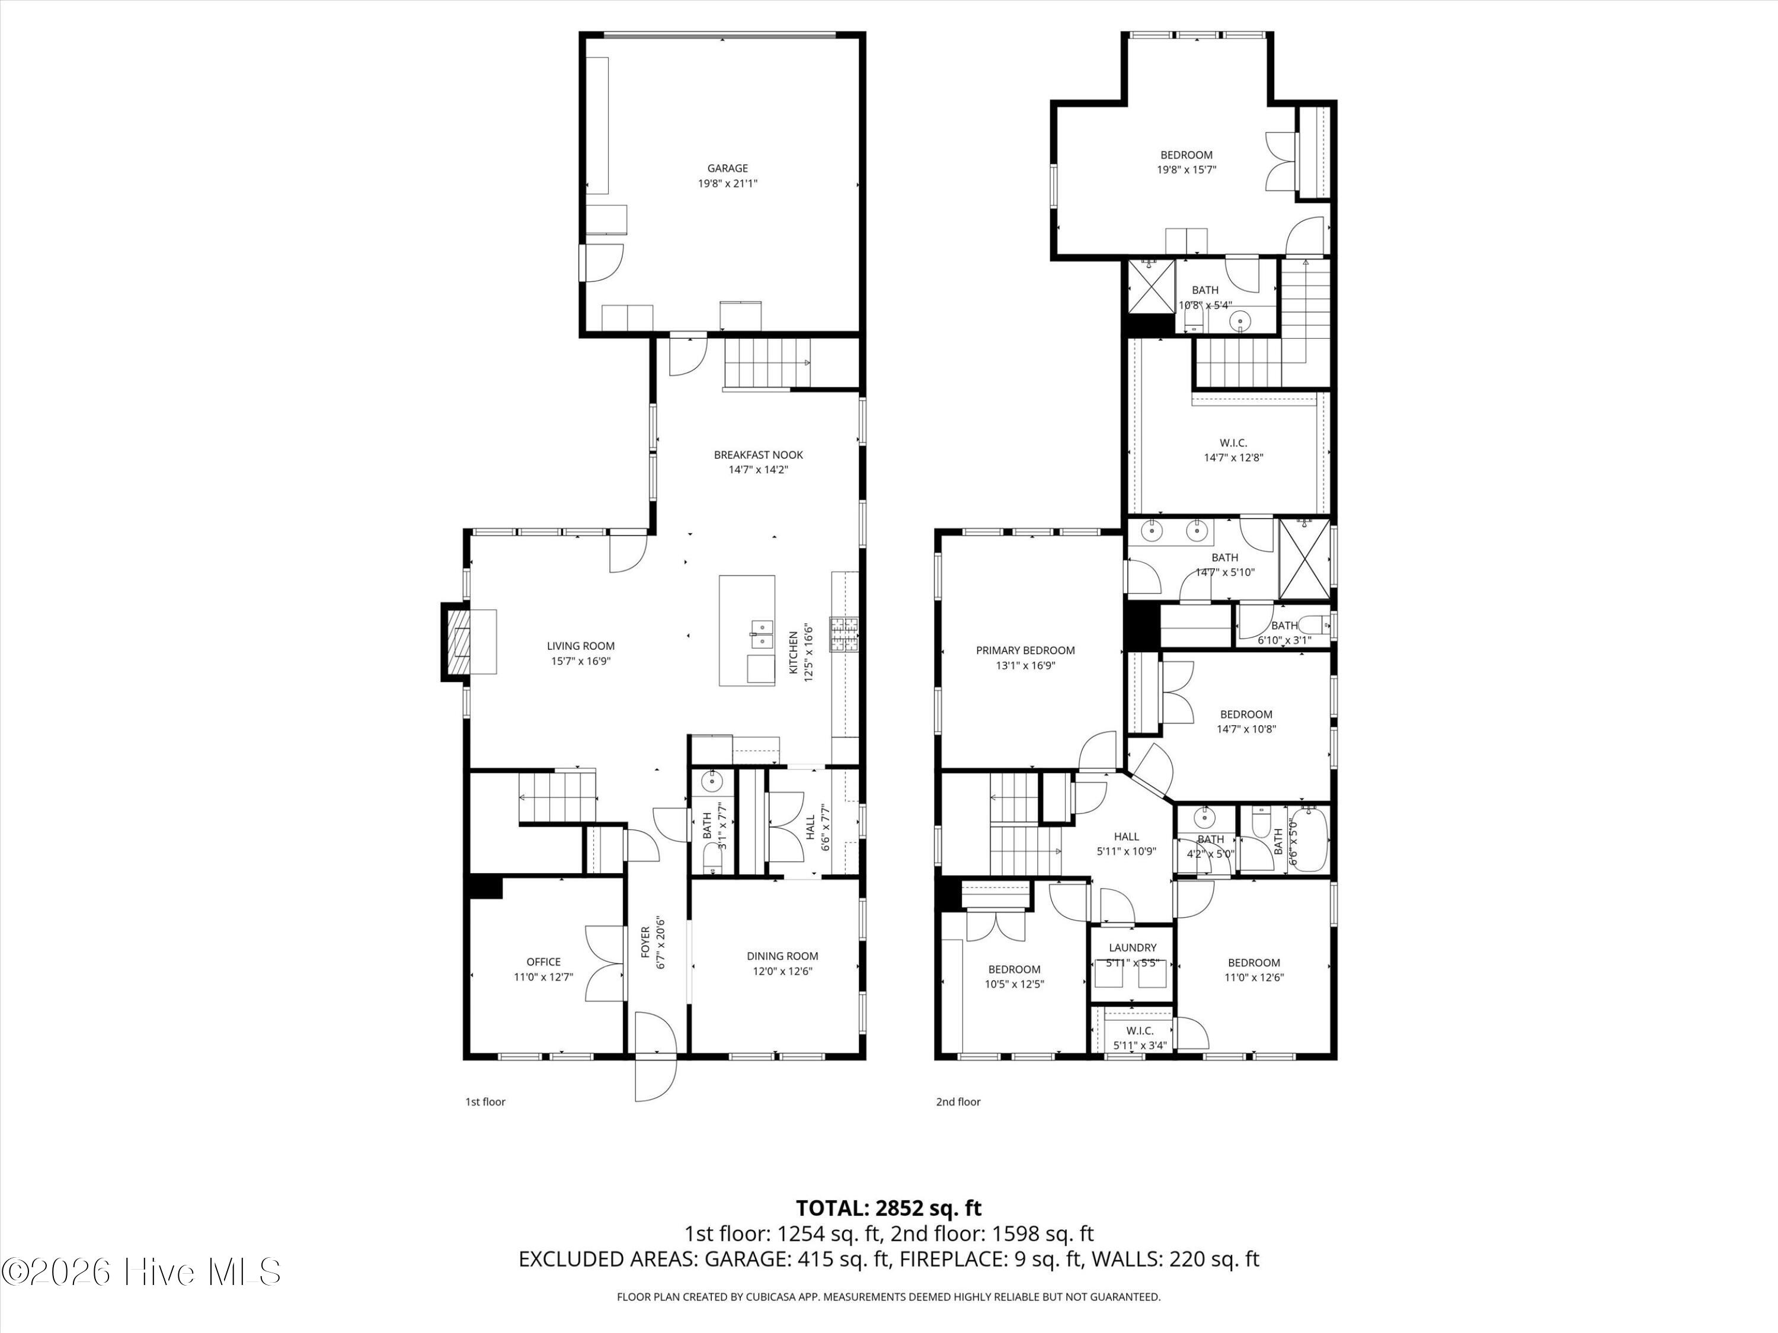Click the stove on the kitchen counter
(845, 634)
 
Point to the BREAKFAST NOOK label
(758, 455)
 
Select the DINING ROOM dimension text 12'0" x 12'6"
(782, 970)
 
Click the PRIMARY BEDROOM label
(1025, 650)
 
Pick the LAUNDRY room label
(1133, 947)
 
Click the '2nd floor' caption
(958, 1101)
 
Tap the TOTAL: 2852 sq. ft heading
(888, 1207)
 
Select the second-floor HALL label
(1126, 837)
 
